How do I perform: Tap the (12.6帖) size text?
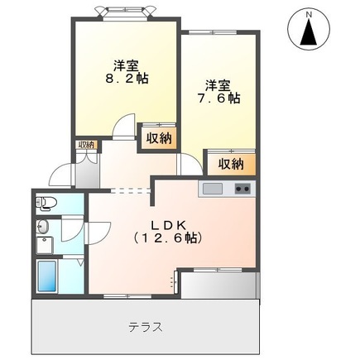[171, 238]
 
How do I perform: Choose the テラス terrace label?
[144, 326]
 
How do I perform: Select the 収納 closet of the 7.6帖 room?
[231, 163]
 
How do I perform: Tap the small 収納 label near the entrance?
[86, 146]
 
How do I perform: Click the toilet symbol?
[48, 203]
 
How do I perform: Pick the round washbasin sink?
[44, 230]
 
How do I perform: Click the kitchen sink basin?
[213, 189]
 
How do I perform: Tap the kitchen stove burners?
[242, 189]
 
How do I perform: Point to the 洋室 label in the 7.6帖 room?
[218, 84]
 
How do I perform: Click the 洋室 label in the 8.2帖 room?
[126, 65]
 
